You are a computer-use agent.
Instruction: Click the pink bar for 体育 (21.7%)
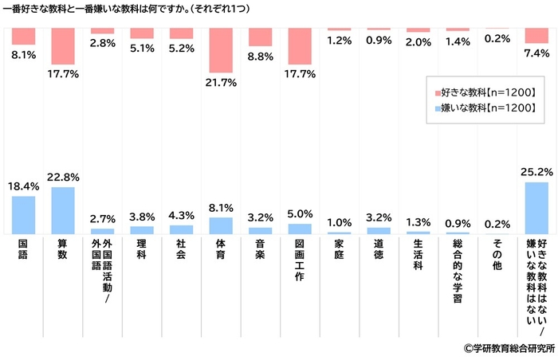point(221,50)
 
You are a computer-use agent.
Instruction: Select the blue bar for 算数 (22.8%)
point(63,211)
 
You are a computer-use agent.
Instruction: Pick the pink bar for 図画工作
point(300,46)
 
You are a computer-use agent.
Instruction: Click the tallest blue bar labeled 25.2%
point(536,209)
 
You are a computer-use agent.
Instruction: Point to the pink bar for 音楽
point(261,37)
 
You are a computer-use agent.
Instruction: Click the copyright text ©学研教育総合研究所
point(509,348)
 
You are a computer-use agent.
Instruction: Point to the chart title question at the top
point(159,10)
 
